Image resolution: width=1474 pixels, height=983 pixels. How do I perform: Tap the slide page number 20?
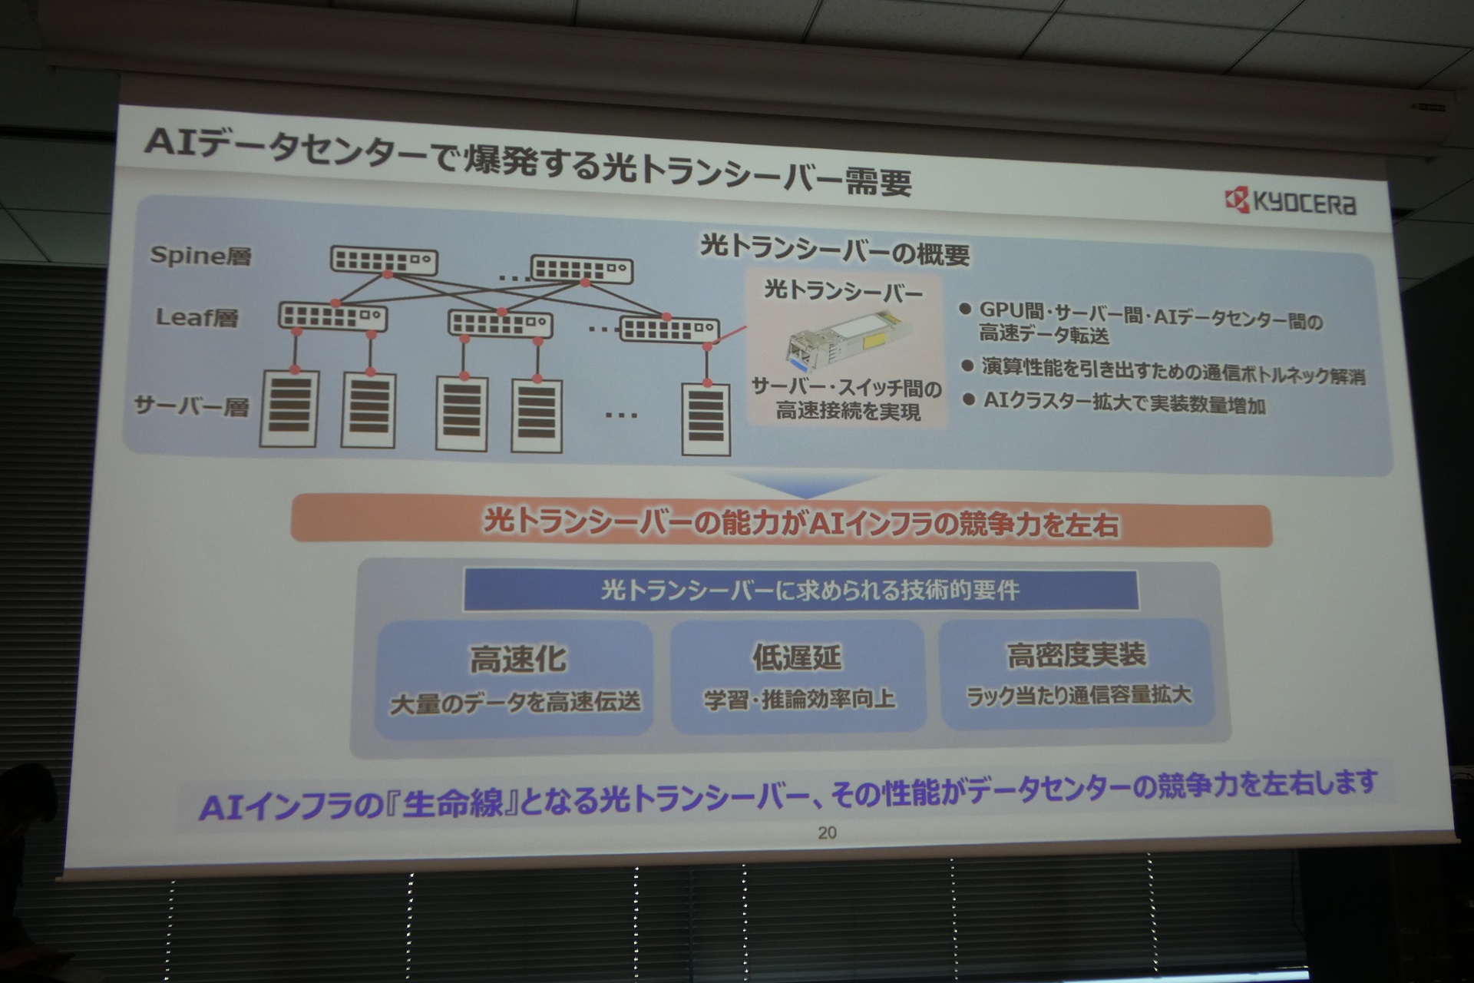pyautogui.click(x=827, y=832)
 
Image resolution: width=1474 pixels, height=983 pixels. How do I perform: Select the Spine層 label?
pyautogui.click(x=200, y=256)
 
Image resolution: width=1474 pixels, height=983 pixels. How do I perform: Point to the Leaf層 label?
pyautogui.click(x=197, y=316)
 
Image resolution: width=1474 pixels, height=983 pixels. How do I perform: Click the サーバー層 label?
pyautogui.click(x=192, y=405)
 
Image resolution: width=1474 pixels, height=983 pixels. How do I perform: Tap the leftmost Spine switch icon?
pyautogui.click(x=384, y=260)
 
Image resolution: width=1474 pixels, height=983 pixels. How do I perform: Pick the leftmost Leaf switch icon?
pyautogui.click(x=332, y=316)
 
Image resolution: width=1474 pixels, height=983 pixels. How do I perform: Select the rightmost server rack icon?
pyautogui.click(x=706, y=418)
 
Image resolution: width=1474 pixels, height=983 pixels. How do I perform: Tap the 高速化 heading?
pyautogui.click(x=518, y=659)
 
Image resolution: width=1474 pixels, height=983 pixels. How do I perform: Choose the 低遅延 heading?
pyautogui.click(x=797, y=657)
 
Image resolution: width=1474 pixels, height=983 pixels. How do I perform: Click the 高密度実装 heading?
pyautogui.click(x=1076, y=654)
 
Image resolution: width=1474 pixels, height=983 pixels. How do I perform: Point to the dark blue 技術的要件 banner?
pyautogui.click(x=801, y=590)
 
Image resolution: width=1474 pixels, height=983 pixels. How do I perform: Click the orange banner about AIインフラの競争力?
pyautogui.click(x=781, y=525)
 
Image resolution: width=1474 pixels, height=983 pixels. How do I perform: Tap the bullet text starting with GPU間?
pyautogui.click(x=1151, y=323)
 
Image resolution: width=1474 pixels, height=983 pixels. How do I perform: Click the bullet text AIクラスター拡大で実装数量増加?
pyautogui.click(x=1124, y=403)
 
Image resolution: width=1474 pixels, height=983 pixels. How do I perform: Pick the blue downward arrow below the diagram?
pyautogui.click(x=801, y=485)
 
